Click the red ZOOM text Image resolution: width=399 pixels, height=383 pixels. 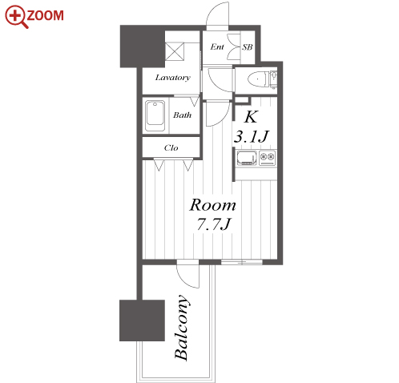tap(46, 15)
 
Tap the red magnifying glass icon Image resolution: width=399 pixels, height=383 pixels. tap(16, 17)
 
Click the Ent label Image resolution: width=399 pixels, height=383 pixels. tap(217, 47)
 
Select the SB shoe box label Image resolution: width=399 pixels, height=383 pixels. tap(247, 47)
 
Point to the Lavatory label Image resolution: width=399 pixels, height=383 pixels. tap(173, 78)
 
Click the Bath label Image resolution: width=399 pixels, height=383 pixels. tap(182, 115)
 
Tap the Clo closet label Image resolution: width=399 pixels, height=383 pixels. tap(171, 147)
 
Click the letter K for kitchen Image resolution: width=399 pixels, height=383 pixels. tap(251, 116)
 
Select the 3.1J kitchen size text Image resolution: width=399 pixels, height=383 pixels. tap(251, 136)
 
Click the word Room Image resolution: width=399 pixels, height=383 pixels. tap(212, 205)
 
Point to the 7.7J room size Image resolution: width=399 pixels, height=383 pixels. tap(213, 224)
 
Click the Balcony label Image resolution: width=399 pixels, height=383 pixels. tap(182, 327)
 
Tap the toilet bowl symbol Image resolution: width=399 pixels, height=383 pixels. tap(258, 79)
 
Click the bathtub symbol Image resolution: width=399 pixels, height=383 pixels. tap(155, 115)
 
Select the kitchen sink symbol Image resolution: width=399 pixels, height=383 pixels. tap(247, 158)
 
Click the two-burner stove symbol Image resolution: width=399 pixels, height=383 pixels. tap(268, 158)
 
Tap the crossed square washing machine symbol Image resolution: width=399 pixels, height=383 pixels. tap(175, 51)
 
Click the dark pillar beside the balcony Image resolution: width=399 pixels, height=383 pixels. tap(142, 321)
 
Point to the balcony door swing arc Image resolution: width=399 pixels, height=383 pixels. tap(183, 280)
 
